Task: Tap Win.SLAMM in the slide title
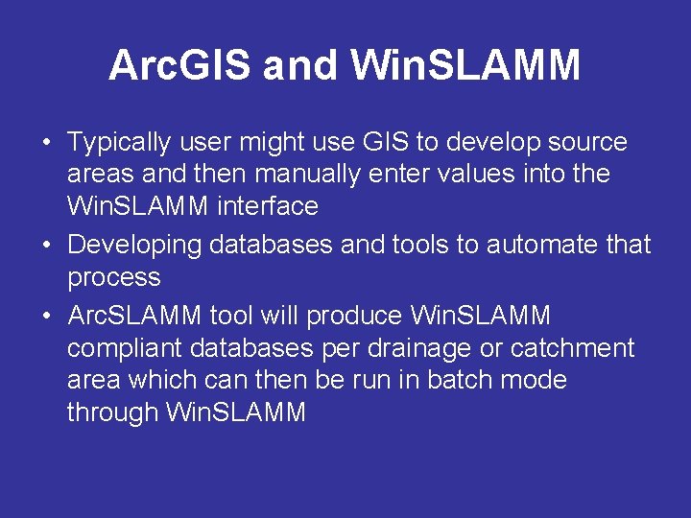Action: (x=465, y=66)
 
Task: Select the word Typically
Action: (x=117, y=144)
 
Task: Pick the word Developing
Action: (x=134, y=246)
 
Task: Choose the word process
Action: (x=113, y=277)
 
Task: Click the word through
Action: (x=113, y=412)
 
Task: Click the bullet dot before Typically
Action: (x=46, y=144)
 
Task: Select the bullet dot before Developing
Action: (x=46, y=246)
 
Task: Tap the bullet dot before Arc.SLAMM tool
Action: (x=46, y=316)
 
